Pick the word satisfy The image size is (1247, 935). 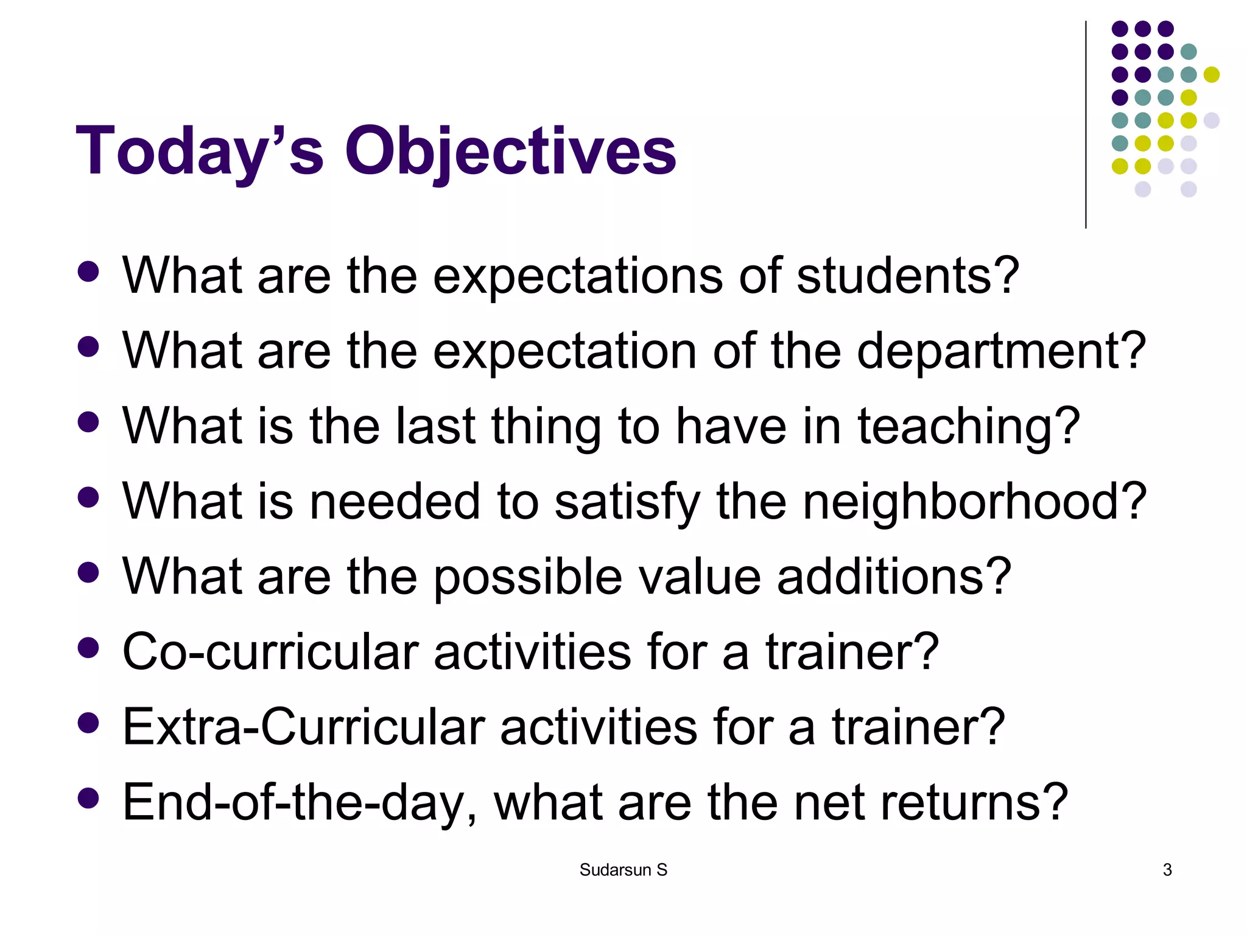[627, 502]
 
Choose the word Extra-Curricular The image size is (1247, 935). [304, 727]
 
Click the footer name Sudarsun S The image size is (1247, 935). [623, 870]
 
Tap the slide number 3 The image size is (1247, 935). [1167, 870]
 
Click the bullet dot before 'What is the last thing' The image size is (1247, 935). [89, 422]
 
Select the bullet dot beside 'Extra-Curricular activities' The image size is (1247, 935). [89, 723]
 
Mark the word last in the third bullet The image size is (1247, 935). [435, 426]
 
